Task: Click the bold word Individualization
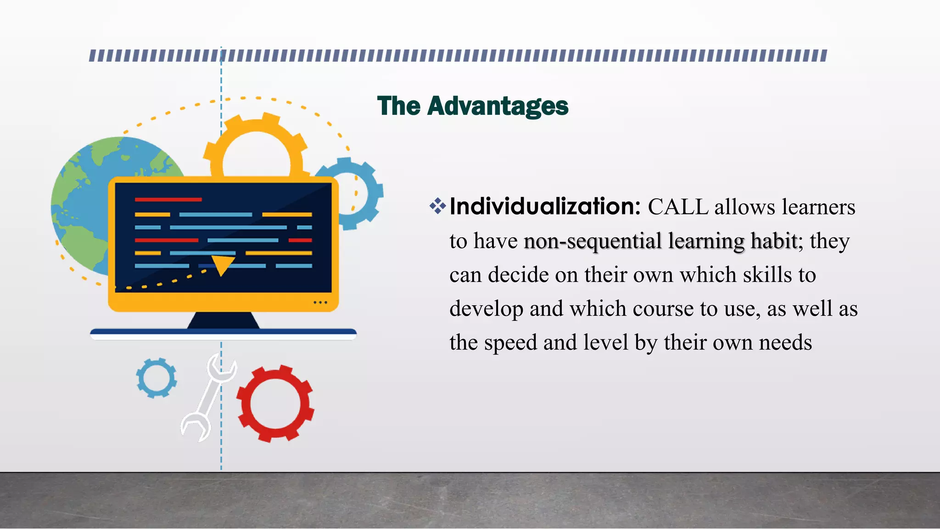pyautogui.click(x=545, y=207)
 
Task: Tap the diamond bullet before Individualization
pyautogui.click(x=437, y=206)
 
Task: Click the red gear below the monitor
pyautogui.click(x=275, y=404)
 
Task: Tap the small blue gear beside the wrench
pyautogui.click(x=157, y=378)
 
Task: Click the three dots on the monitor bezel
pyautogui.click(x=320, y=303)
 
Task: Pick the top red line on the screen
pyautogui.click(x=168, y=200)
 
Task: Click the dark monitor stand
pyautogui.click(x=224, y=321)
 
